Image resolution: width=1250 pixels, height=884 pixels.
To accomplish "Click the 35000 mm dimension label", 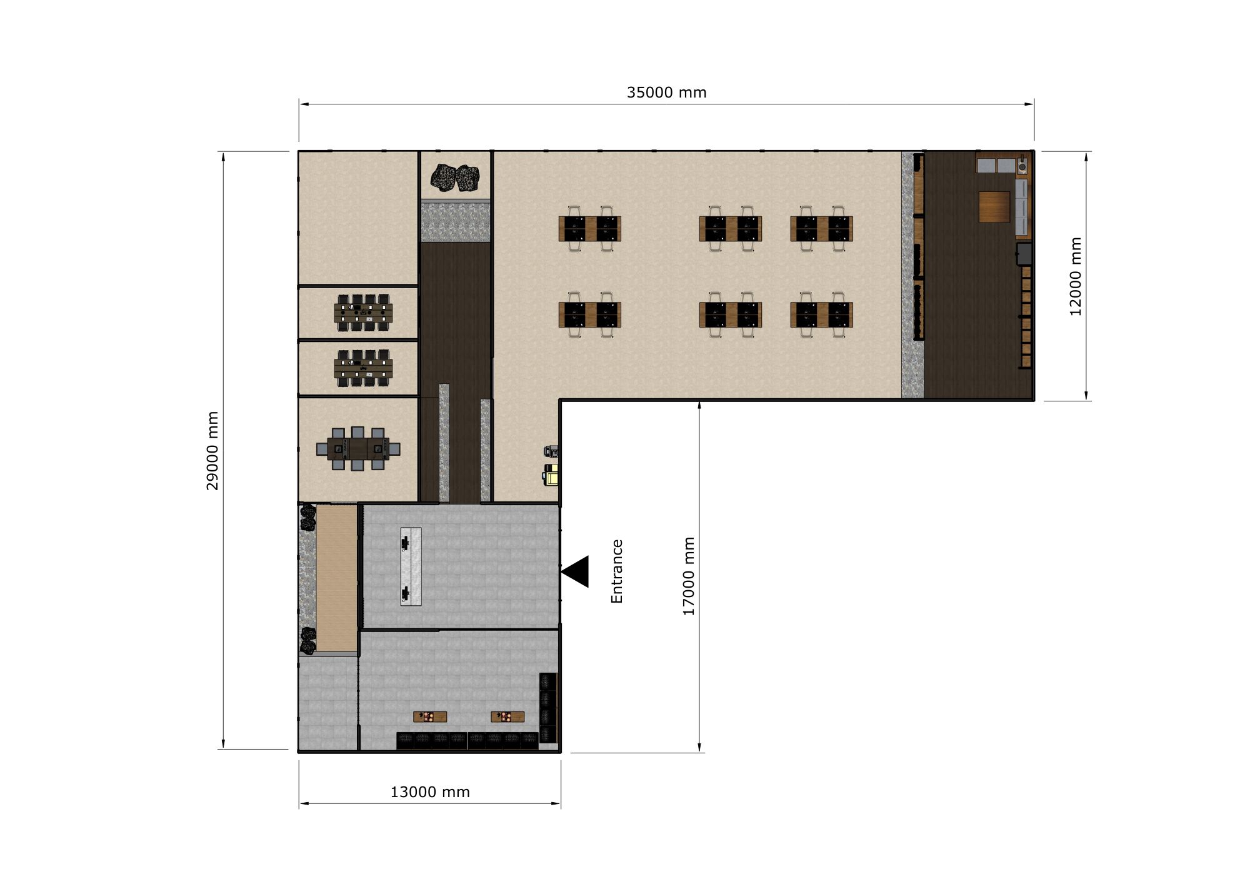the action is pyautogui.click(x=666, y=93).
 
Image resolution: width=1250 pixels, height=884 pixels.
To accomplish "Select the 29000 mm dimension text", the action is pyautogui.click(x=212, y=450).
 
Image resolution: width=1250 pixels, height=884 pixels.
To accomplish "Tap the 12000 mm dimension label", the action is pyautogui.click(x=1075, y=276).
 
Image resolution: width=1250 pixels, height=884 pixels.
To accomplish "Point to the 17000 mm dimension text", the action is pyautogui.click(x=688, y=576).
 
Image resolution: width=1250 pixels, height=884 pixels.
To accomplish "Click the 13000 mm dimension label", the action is pyautogui.click(x=430, y=792).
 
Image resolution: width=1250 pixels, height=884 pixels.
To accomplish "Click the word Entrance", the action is pyautogui.click(x=617, y=571).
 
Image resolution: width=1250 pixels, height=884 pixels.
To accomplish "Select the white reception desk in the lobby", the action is pyautogui.click(x=411, y=566).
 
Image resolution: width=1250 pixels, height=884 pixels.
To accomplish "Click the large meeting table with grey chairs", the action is pyautogui.click(x=358, y=449).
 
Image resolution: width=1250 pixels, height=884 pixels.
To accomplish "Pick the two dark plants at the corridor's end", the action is pyautogui.click(x=455, y=178).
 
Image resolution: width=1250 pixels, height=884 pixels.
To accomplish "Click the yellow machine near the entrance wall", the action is pyautogui.click(x=551, y=475).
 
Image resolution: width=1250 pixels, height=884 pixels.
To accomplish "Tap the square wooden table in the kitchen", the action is pyautogui.click(x=994, y=207).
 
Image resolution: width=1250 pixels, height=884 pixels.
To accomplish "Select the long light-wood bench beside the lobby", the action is pyautogui.click(x=336, y=578).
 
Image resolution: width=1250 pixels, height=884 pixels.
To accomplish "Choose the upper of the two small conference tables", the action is pyautogui.click(x=363, y=313).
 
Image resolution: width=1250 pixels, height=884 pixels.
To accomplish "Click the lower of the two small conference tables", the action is pyautogui.click(x=363, y=368).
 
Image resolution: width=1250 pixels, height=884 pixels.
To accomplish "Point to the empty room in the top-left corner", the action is pyautogui.click(x=358, y=218).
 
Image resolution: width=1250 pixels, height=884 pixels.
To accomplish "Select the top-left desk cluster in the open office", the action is pyautogui.click(x=590, y=228).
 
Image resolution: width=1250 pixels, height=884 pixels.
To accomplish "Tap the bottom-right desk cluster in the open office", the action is pyautogui.click(x=822, y=314).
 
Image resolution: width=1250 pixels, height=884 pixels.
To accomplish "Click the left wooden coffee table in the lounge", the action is pyautogui.click(x=430, y=716).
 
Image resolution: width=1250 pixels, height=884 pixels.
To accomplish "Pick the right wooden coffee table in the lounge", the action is pyautogui.click(x=507, y=716).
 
